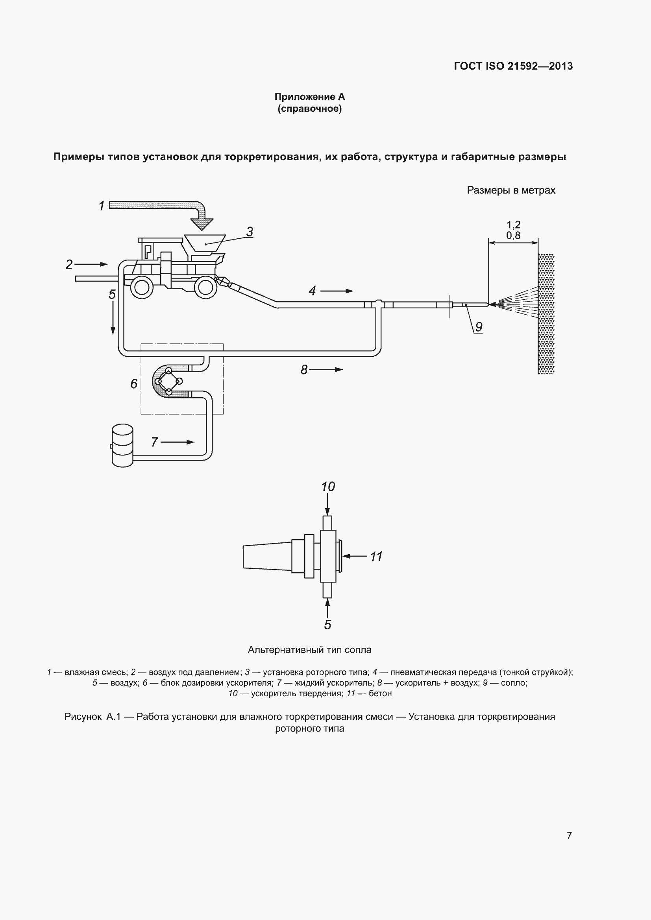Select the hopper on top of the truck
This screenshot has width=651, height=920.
pyautogui.click(x=204, y=243)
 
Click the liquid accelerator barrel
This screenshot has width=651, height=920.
pyautogui.click(x=122, y=446)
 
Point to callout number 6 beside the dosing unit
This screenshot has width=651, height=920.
pyautogui.click(x=134, y=384)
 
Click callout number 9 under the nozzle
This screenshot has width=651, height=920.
pyautogui.click(x=479, y=327)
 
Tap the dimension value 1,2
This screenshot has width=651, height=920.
pyautogui.click(x=513, y=225)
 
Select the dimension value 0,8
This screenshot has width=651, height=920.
pyautogui.click(x=513, y=235)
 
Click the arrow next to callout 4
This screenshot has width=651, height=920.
pyautogui.click(x=337, y=291)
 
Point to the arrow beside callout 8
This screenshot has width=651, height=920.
pyautogui.click(x=326, y=369)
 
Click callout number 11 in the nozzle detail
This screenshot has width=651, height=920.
pyautogui.click(x=376, y=556)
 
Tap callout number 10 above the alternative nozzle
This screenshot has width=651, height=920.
pyautogui.click(x=328, y=487)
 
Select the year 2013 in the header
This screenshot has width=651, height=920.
pyautogui.click(x=561, y=66)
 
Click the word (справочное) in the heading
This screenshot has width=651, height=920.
pyautogui.click(x=309, y=109)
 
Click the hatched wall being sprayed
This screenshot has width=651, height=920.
pyautogui.click(x=546, y=314)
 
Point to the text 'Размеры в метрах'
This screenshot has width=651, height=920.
pyautogui.click(x=511, y=190)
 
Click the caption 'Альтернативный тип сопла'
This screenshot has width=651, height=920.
pyautogui.click(x=309, y=649)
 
